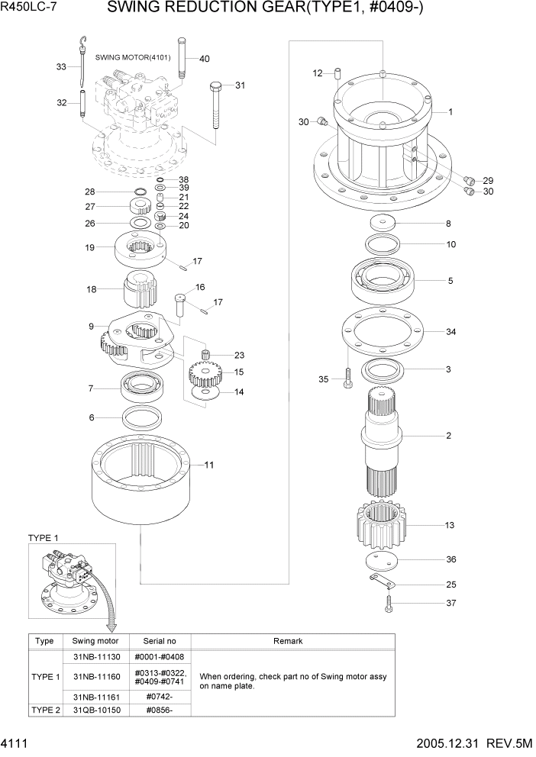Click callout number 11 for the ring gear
[209, 464]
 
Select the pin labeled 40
[182, 58]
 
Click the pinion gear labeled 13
[379, 526]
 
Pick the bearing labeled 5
[383, 281]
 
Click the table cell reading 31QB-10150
[95, 710]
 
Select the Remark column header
[288, 642]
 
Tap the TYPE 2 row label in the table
[44, 710]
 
